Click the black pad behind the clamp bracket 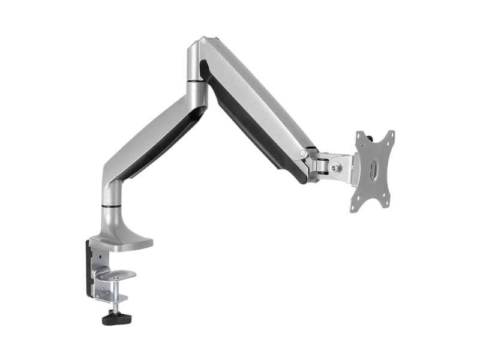pyautogui.click(x=89, y=270)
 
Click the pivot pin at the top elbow pyautogui.click(x=203, y=41)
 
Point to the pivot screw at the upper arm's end pyautogui.click(x=304, y=154)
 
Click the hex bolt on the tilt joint pyautogui.click(x=336, y=167)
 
